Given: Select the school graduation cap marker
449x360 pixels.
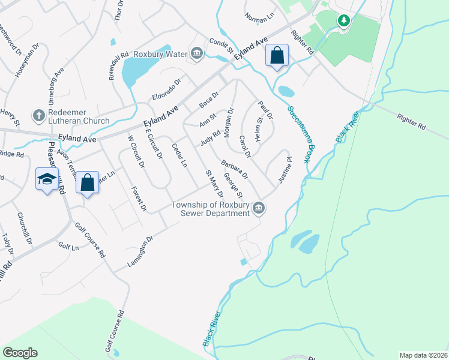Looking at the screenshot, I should (47, 179).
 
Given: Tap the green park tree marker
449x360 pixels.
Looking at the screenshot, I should (343, 22).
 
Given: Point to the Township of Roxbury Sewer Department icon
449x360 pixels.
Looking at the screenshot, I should (259, 208).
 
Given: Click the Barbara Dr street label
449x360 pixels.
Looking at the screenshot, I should (234, 170).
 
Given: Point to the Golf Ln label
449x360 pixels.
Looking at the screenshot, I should (68, 247).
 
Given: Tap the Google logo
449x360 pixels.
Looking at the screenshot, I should (20, 353).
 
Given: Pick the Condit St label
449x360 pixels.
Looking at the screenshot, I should (221, 44).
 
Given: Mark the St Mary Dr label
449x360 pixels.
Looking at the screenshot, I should (214, 184).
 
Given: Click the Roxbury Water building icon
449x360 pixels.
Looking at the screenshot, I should (197, 53).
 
